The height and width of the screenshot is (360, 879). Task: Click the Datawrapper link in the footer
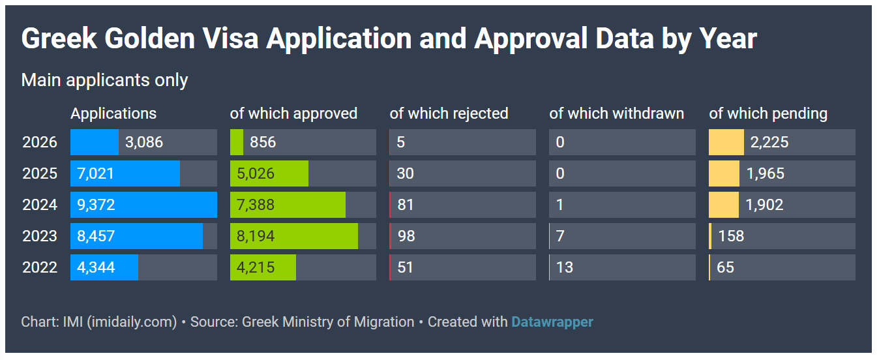552,322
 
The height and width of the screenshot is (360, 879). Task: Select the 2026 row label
40,142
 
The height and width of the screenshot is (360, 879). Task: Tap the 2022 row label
40,267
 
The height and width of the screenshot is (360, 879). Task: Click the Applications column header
113,113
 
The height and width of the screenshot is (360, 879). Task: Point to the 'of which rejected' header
449,113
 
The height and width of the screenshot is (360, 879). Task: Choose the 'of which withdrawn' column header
616,113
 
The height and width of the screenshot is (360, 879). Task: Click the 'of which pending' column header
768,113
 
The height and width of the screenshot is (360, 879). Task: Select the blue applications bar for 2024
143,205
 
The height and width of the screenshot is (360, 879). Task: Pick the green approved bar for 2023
294,236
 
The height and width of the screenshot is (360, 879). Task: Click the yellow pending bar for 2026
726,142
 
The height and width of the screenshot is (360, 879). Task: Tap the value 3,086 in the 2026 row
144,142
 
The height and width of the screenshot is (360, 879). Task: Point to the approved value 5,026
256,173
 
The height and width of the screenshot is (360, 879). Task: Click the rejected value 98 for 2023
406,236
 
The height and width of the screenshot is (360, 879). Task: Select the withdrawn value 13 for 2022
565,267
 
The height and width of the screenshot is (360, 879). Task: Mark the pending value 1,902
764,205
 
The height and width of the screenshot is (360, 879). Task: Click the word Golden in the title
149,38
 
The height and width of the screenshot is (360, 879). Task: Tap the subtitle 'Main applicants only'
104,80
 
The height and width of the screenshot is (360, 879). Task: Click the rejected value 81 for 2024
406,205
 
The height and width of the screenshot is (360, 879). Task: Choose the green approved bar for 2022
263,267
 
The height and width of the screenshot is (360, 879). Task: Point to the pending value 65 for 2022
725,267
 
